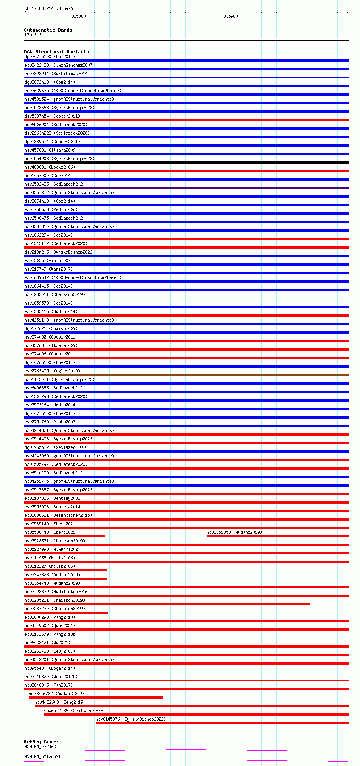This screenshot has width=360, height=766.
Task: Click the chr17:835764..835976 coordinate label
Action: coord(49,8)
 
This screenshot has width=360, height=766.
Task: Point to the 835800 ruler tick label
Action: coord(78,16)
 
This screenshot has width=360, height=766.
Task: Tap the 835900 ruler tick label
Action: coord(231,16)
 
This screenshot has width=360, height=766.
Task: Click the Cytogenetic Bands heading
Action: coord(48,30)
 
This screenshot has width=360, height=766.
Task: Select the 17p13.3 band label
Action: coord(33,35)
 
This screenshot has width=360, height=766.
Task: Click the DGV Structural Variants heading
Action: coord(56,52)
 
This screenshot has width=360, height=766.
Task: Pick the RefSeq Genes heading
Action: coord(41,742)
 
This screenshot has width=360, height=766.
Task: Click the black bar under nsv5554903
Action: coord(186,163)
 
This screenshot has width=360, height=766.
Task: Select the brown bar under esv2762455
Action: coord(186,375)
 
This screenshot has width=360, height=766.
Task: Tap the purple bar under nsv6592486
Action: coord(186,188)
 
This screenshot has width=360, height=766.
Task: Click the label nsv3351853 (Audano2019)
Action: coord(234,532)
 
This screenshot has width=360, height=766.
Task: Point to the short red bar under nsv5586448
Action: coord(65,536)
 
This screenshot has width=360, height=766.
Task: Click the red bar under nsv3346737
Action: coord(95,698)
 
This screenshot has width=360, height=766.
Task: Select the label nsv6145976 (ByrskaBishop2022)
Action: coord(130,719)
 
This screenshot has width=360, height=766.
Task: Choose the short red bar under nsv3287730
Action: coord(66,613)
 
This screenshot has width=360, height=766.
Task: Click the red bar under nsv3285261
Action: coord(167,604)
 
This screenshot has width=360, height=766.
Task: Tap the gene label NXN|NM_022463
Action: coord(40,747)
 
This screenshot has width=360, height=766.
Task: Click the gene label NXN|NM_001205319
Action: coord(44,757)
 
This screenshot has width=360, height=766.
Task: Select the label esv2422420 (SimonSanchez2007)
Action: coord(59,65)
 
